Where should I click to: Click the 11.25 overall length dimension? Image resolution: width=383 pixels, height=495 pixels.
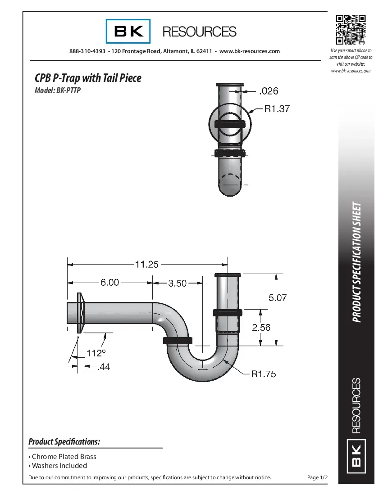click(147, 264)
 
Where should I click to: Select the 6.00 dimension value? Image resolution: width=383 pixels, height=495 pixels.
click(109, 283)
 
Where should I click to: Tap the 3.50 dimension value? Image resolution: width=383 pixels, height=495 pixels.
click(177, 283)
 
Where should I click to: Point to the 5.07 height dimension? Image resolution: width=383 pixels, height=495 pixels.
click(278, 297)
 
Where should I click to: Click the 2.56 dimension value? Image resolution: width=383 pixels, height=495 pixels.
click(261, 327)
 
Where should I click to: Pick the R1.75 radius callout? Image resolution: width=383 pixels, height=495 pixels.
click(264, 373)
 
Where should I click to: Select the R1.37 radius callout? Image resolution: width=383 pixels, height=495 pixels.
click(277, 108)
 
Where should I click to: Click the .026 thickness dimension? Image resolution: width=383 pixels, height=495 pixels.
click(269, 91)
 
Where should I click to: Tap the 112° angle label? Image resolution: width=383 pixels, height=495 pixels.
click(96, 353)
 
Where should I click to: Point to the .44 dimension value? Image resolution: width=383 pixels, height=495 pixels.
click(103, 367)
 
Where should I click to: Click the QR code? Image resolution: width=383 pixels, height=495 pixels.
click(350, 30)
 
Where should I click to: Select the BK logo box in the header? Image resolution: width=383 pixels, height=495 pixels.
click(128, 31)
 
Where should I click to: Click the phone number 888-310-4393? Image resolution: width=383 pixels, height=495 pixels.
click(87, 51)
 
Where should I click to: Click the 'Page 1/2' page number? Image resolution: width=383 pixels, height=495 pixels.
click(317, 477)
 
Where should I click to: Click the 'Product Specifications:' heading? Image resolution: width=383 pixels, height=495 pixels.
click(64, 441)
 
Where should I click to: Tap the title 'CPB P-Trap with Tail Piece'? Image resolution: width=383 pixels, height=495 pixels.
click(88, 78)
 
